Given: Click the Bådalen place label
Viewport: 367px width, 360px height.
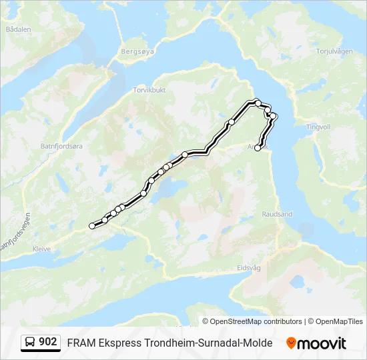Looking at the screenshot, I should (x=18, y=29).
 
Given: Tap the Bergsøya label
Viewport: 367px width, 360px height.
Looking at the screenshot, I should (x=137, y=50).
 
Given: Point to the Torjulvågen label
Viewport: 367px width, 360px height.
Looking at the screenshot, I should (x=334, y=51).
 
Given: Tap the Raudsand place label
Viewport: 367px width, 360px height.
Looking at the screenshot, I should (x=278, y=215).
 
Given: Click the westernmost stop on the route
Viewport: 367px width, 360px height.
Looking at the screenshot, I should (x=92, y=226).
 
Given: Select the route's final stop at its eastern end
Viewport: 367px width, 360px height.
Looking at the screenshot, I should (x=258, y=148).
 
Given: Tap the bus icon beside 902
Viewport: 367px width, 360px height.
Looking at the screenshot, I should (x=29, y=342).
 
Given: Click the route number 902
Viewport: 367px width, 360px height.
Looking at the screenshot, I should (x=47, y=342).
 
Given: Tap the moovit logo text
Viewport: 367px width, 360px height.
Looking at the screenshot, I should (x=322, y=343).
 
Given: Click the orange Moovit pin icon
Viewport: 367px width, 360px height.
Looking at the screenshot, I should (x=291, y=343).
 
